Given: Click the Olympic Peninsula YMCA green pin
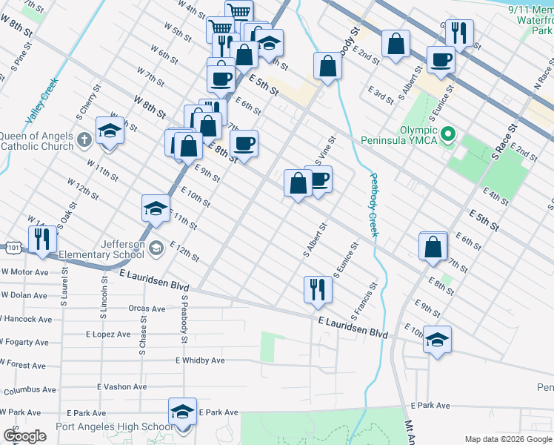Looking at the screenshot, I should [x=447, y=135].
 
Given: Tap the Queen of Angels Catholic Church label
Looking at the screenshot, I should [x=37, y=141].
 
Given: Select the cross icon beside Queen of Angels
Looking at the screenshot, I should [x=84, y=138].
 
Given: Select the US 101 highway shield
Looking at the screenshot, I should [x=12, y=247].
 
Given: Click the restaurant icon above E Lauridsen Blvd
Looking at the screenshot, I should [x=318, y=289].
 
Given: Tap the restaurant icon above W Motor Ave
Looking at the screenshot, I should [x=41, y=240].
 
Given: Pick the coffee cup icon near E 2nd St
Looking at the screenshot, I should [x=441, y=59].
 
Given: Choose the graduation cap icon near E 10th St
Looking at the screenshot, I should [x=437, y=340].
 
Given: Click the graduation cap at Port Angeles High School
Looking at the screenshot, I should [x=182, y=412].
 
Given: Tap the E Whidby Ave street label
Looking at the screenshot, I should [x=199, y=360].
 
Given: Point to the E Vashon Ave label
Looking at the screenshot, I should [x=122, y=386].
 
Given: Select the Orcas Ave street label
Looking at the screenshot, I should [x=146, y=309].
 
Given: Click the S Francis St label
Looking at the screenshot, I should [x=372, y=294].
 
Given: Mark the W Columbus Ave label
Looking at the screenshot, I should [x=27, y=389].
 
